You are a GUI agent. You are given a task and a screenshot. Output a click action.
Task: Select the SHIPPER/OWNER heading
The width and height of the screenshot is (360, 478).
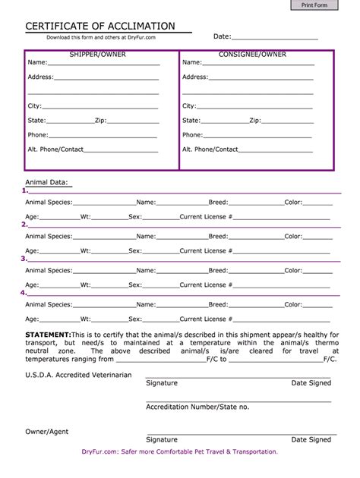point(98,55)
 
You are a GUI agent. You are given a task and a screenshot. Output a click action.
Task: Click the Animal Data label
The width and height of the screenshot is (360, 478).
point(47,182)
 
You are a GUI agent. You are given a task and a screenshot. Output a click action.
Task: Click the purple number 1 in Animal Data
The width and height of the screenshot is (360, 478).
point(24,191)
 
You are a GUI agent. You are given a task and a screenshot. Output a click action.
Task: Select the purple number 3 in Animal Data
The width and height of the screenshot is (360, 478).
point(24,259)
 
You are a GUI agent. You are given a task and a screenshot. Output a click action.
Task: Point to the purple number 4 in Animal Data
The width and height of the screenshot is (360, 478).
point(24,292)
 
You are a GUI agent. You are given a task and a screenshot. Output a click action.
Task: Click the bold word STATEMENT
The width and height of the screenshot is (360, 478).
point(48,335)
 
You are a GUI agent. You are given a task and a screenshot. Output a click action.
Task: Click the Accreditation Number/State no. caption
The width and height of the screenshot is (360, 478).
point(197,407)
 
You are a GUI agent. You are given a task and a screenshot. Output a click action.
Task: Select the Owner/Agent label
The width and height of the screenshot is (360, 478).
point(47,431)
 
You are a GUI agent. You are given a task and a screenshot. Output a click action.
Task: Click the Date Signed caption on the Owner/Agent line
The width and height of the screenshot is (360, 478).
point(311,439)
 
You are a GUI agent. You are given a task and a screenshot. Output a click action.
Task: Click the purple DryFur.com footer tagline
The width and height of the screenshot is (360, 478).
point(179,451)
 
